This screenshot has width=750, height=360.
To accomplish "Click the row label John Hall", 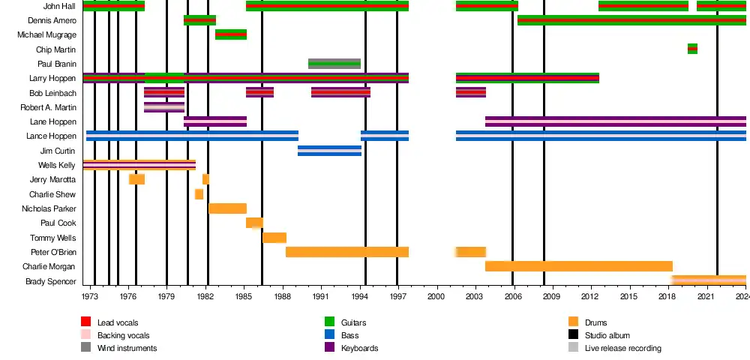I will click(59, 6).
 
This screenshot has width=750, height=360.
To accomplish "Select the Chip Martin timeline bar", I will click(692, 49).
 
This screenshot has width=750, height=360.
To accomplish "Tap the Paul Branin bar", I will click(334, 64).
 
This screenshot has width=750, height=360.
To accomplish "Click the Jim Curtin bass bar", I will click(329, 151).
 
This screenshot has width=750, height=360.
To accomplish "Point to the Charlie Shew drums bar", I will click(199, 194).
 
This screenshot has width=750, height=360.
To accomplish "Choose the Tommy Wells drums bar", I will click(274, 238).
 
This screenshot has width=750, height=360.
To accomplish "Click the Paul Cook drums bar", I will click(254, 223).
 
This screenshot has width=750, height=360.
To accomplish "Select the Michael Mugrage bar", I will click(231, 34).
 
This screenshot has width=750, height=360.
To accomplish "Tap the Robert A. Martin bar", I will click(164, 107).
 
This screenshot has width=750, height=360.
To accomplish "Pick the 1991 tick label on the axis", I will click(321, 298).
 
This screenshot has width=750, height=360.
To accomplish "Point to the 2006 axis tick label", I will click(513, 298).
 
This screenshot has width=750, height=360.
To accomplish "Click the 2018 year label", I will click(667, 298).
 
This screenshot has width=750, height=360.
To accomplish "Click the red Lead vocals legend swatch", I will click(86, 322).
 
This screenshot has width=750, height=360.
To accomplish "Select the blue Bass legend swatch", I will click(329, 335).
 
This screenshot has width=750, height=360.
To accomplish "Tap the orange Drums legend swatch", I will click(574, 322).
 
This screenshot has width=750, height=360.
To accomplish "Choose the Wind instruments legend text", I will click(127, 348).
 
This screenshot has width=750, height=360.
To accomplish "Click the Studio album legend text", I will click(607, 335).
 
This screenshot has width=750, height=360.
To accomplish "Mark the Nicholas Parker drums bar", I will click(227, 208).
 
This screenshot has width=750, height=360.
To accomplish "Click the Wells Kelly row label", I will click(57, 165).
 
